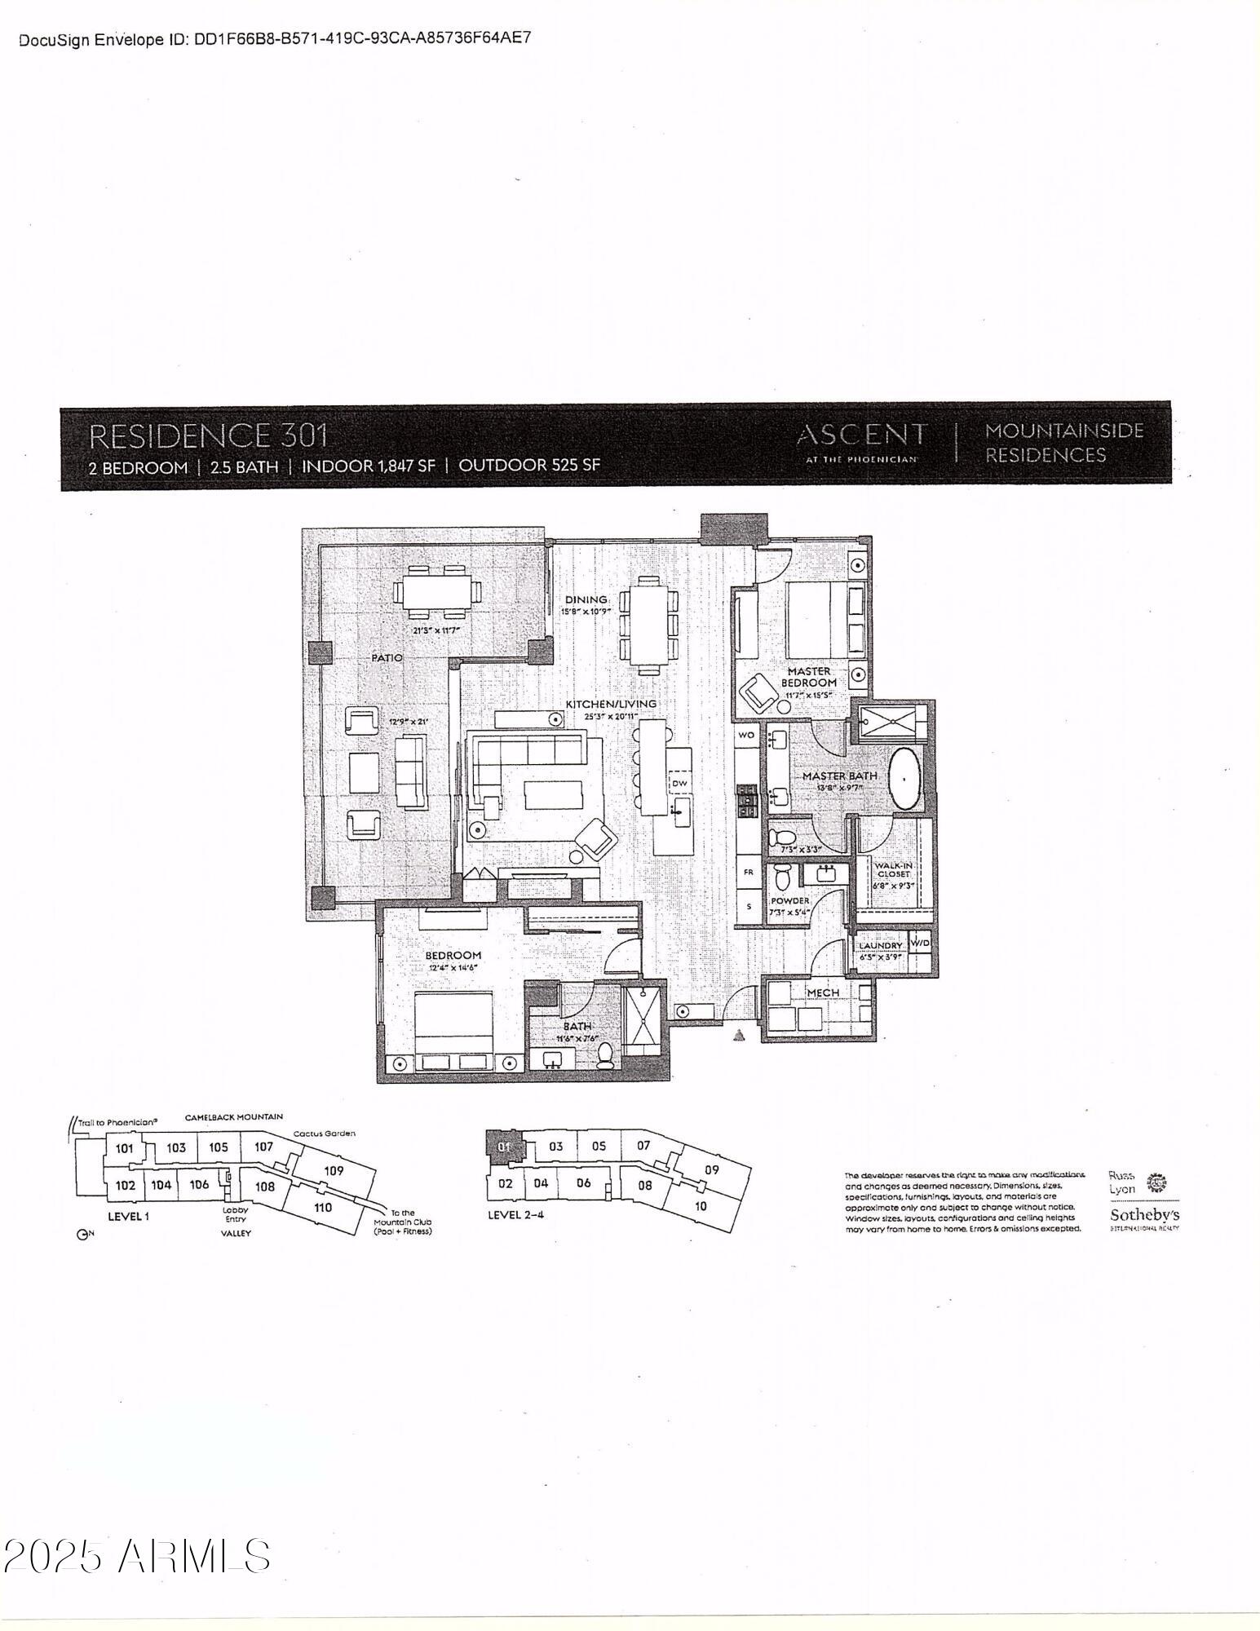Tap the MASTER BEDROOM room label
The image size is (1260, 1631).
(809, 677)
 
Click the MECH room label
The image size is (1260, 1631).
(823, 992)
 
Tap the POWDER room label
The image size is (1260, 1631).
(789, 901)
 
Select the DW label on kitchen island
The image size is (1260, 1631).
(679, 784)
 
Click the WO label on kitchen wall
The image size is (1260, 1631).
(746, 735)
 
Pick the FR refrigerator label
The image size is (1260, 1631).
(748, 872)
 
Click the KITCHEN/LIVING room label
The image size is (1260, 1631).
(612, 704)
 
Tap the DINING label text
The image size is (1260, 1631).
(586, 599)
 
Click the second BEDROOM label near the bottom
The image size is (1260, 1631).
(453, 955)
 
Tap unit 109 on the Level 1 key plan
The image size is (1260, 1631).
(334, 1170)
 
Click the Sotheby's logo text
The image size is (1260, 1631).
(1143, 1216)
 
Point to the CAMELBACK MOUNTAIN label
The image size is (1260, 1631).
(233, 1117)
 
